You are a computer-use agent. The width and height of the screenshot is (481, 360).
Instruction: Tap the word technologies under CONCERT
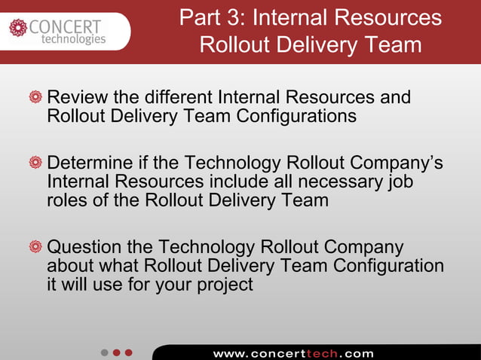[72, 40]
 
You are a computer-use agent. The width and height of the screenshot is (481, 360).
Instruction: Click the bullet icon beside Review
[35, 98]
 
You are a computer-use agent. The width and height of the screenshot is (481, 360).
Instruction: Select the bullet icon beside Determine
[35, 163]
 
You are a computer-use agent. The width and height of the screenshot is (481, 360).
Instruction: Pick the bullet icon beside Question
[35, 248]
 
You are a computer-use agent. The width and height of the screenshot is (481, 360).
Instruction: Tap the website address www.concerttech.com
[293, 352]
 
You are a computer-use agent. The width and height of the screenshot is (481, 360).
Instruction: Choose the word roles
[66, 201]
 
